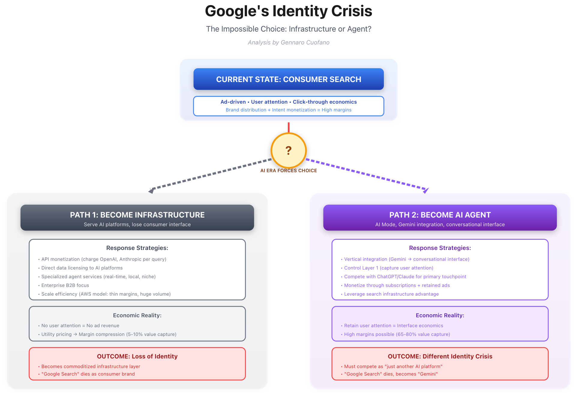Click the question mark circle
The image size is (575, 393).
coord(288,150)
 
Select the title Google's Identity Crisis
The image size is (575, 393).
coord(288,11)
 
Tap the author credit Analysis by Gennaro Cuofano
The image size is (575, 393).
coord(288,42)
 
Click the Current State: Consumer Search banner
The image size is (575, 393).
coord(288,79)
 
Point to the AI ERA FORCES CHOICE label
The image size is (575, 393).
coord(288,170)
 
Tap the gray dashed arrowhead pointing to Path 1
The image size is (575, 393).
coord(152,190)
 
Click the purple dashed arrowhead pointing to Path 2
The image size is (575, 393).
coord(426,190)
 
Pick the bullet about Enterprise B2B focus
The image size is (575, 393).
coord(65,285)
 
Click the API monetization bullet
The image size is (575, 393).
coord(104,259)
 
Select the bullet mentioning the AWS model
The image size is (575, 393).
coord(106,294)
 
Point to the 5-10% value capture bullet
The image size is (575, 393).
coord(109,334)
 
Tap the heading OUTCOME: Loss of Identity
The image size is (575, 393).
coord(137,356)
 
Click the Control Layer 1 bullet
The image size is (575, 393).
coord(389,268)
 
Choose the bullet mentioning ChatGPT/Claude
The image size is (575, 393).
coord(405,276)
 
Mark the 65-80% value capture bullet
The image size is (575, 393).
coord(397,334)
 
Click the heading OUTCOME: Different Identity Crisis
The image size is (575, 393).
coord(440,356)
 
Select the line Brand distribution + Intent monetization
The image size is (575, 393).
coord(288,110)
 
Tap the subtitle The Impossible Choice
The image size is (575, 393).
coord(288,29)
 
